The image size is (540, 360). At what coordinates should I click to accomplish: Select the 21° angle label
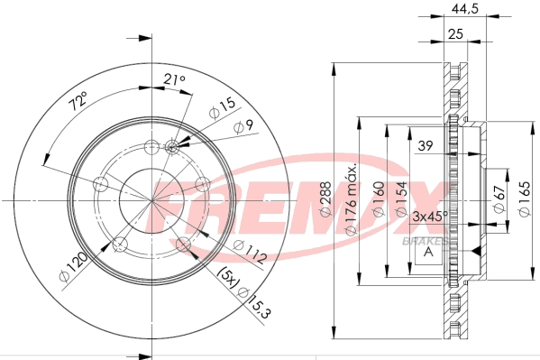coord(174,82)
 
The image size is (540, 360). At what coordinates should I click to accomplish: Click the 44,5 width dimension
coord(466,12)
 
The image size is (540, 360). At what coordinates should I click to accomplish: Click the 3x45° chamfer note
coord(429,217)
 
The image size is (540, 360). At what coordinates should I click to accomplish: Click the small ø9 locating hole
coord(174,145)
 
